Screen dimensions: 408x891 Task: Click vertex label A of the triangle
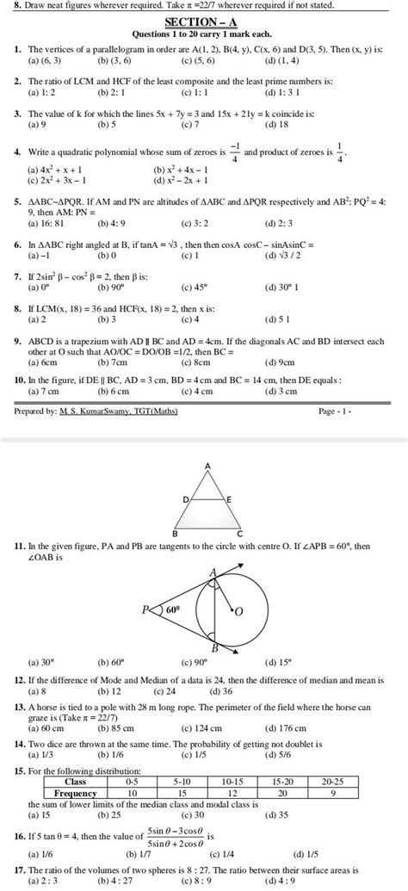tap(207, 465)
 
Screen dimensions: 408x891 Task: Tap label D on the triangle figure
tap(186, 499)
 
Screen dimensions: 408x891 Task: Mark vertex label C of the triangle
tap(238, 533)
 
